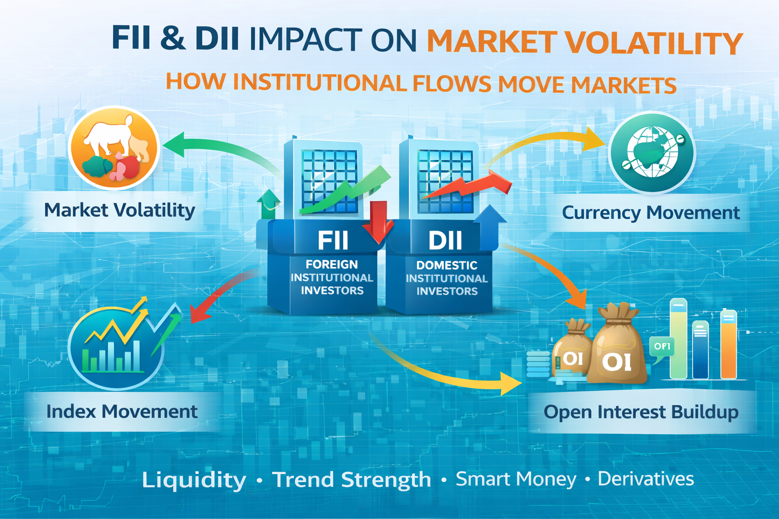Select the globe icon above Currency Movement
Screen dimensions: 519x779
pos(652,152)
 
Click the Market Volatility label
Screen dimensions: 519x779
pos(119,210)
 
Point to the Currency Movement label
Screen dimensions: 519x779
pos(651,212)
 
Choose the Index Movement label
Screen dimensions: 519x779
pos(122,411)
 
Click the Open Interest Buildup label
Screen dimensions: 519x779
pos(641,412)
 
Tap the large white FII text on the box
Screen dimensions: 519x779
pos(333,240)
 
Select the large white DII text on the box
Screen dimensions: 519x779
pos(445,240)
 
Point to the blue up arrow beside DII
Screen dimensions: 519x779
pos(489,226)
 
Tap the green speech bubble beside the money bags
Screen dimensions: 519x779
pos(662,348)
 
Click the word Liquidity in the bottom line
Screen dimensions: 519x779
pos(194,479)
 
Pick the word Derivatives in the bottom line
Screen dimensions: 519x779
pos(646,478)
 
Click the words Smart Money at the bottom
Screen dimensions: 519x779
pos(516,478)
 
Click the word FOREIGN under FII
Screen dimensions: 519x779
pos(332,265)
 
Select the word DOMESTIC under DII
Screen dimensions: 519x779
pos(446,265)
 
